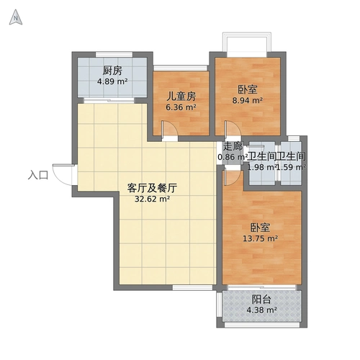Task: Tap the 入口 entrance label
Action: [38, 175]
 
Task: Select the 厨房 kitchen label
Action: [112, 71]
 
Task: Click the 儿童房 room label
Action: [181, 96]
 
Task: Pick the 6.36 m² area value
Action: [181, 108]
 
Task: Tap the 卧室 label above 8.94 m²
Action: [247, 90]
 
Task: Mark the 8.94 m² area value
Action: [247, 102]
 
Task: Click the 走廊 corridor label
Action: [233, 145]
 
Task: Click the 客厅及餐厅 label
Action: [152, 187]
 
